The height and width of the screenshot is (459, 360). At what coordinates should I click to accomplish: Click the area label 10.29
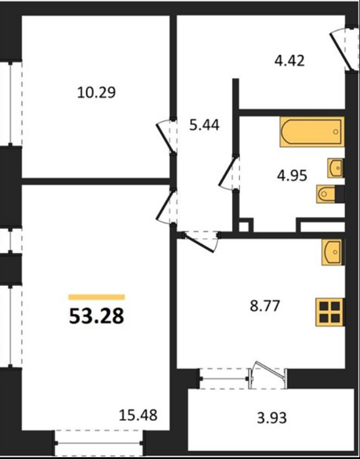coord(96,92)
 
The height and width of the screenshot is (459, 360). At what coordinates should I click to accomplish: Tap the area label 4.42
coord(289,61)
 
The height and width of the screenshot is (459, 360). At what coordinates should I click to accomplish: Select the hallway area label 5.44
coord(205,125)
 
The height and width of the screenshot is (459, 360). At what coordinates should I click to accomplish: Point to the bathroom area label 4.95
coord(292,176)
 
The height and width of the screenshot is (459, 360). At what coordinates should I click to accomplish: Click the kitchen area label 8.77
coord(265,306)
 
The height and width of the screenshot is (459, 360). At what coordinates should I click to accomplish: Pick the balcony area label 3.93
coord(271,418)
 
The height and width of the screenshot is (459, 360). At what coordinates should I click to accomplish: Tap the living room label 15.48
coord(138,415)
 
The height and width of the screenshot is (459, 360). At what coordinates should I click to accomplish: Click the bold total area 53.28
coord(96,317)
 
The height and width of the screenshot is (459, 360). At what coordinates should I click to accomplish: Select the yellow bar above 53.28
coord(96,297)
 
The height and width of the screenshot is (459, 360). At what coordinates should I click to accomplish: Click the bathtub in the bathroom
coord(311,132)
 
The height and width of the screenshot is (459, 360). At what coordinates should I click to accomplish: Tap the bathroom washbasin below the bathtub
coord(336,168)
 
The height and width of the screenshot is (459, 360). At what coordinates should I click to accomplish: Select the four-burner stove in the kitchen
coord(330,312)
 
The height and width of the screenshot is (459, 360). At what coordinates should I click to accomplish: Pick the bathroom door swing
coord(229,172)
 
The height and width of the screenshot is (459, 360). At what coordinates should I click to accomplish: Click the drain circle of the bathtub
coord(336,132)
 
